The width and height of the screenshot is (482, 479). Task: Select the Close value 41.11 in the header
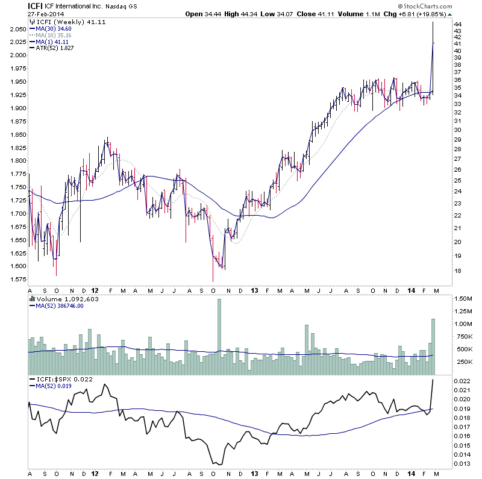[x=334, y=14]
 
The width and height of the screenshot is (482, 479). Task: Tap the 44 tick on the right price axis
[x=457, y=24]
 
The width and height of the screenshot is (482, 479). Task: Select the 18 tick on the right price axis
[x=457, y=271]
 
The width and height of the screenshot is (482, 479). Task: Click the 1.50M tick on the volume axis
[x=464, y=299]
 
